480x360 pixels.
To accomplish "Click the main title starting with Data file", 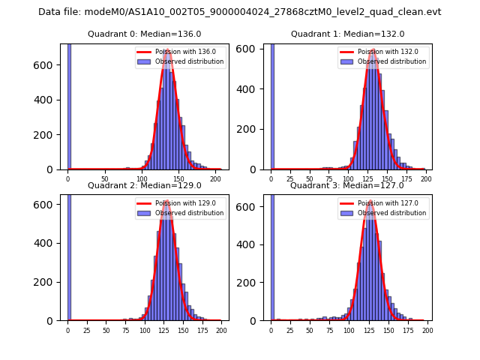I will click(x=239, y=12).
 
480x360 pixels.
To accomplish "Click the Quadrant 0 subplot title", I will click(x=145, y=34).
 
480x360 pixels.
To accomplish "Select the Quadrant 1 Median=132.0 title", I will click(x=347, y=34).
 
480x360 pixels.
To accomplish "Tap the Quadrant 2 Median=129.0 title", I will click(x=145, y=185).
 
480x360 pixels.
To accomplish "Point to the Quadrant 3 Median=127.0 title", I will click(x=347, y=185).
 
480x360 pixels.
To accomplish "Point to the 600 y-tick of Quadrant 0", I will click(x=46, y=64).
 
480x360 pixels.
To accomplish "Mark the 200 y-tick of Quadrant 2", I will click(x=46, y=282).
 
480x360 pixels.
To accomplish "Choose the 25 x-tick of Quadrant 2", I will click(x=87, y=330).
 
